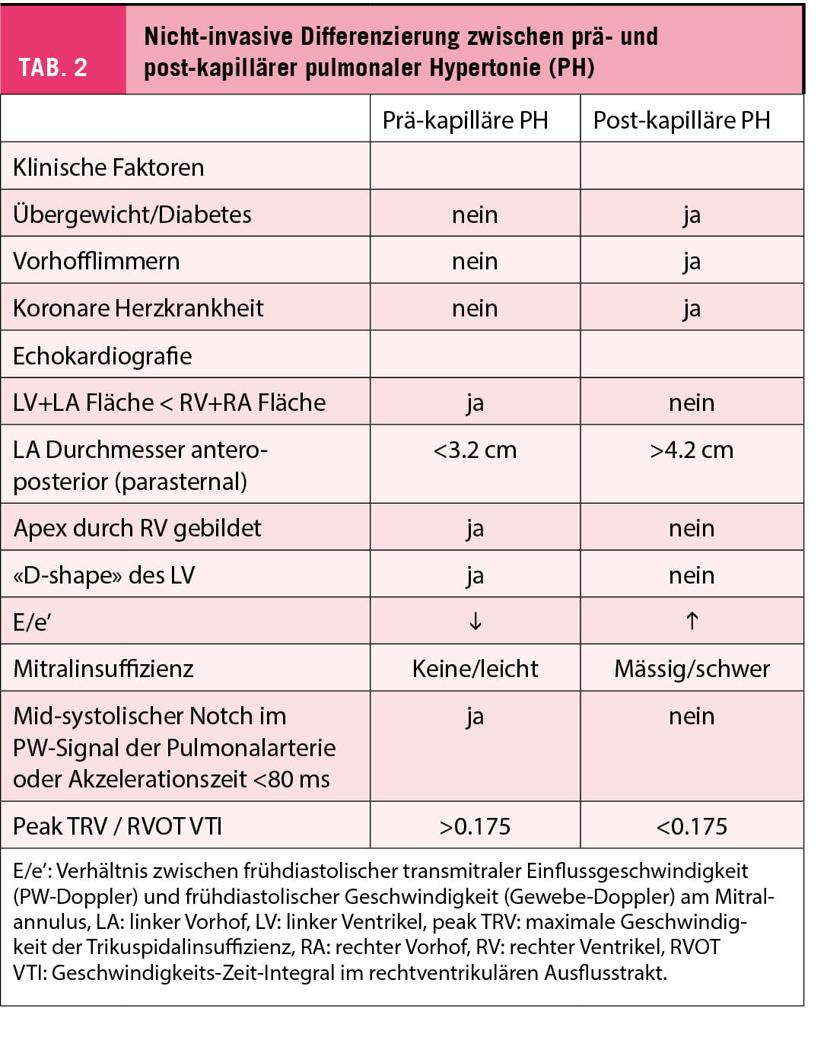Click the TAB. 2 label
[x=53, y=68]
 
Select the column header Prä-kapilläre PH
[x=465, y=120]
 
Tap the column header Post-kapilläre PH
[x=681, y=120]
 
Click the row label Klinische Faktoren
[x=109, y=167]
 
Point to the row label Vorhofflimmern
[x=97, y=261]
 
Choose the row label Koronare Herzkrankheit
[x=138, y=308]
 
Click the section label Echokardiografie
[x=103, y=355]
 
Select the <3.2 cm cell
[x=475, y=450]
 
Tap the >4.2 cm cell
[x=692, y=450]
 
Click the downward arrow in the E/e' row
[x=475, y=622]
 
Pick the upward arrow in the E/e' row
[x=692, y=622]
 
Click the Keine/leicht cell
[x=475, y=669]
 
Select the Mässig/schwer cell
[x=692, y=669]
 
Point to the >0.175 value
[x=475, y=826]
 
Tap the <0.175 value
[x=692, y=826]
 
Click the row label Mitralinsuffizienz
[x=103, y=669]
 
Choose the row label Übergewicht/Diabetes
[x=132, y=215]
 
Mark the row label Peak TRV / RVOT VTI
[x=118, y=826]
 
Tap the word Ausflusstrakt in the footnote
[x=605, y=972]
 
